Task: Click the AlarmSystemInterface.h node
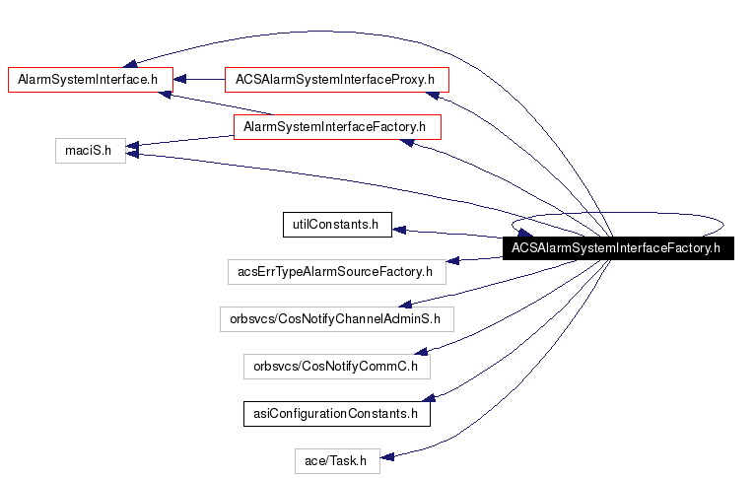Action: (90, 78)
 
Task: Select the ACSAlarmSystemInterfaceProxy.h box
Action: (336, 78)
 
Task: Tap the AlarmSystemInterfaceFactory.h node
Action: (336, 127)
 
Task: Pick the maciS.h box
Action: (90, 151)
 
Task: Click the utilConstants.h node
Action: (336, 225)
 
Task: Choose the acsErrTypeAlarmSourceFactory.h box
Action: (336, 271)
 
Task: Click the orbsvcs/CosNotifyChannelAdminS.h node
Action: (336, 318)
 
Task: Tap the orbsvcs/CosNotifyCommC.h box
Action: (336, 366)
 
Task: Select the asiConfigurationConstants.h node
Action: (336, 414)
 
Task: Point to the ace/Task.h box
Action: (336, 460)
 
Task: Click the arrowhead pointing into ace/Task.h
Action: (387, 456)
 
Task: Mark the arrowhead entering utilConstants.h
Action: (398, 230)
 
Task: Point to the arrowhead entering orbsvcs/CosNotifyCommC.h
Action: (419, 350)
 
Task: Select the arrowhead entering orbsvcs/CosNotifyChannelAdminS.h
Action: (404, 304)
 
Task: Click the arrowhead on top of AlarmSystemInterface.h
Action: (127, 60)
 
